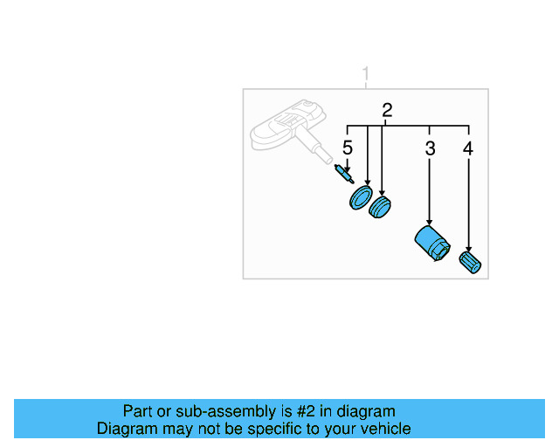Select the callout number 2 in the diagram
click(387, 111)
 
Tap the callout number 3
click(430, 148)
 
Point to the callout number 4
click(468, 148)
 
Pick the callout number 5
click(347, 148)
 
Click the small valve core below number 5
click(345, 175)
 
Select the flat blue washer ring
click(360, 198)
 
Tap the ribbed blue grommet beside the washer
click(380, 209)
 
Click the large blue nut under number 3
click(431, 243)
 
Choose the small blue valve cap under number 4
click(470, 262)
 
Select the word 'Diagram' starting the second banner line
click(126, 429)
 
